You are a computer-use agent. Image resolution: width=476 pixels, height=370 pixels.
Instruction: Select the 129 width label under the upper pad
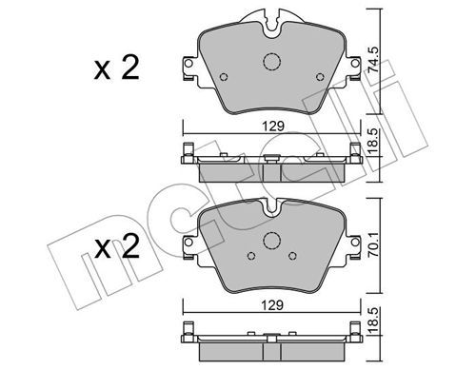[x=273, y=127]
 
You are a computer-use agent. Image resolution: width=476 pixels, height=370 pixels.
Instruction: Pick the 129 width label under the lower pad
[x=272, y=305]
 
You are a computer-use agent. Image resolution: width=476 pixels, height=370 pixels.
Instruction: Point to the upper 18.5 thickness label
[x=373, y=142]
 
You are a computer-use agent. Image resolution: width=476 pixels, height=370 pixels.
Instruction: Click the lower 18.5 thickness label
[x=373, y=321]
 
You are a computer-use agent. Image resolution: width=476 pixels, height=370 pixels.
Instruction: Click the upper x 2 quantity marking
[x=117, y=68]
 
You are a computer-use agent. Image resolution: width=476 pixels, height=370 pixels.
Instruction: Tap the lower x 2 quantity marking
[x=117, y=246]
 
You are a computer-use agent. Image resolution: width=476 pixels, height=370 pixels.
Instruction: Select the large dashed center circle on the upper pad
[x=272, y=62]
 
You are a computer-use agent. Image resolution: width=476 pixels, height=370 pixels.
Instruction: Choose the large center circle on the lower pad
[x=272, y=241]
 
